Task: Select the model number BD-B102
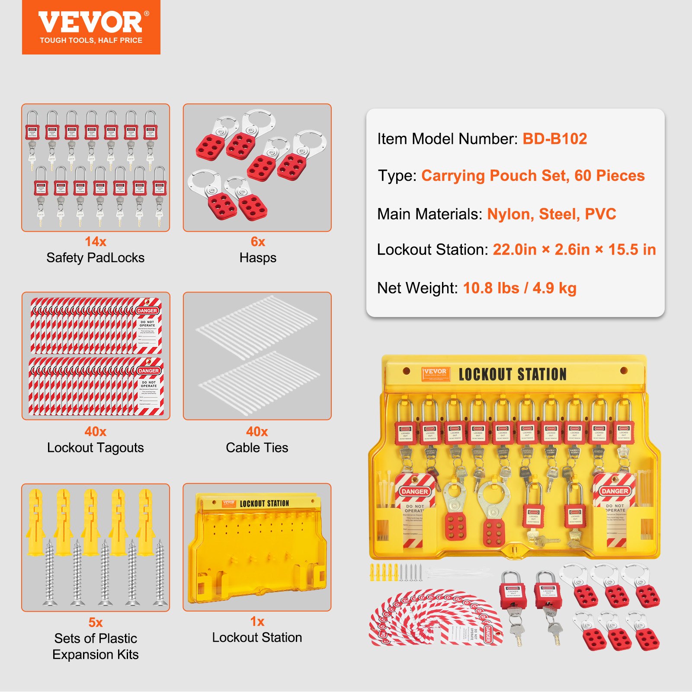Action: click(554, 139)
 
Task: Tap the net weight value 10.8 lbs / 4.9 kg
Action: click(519, 288)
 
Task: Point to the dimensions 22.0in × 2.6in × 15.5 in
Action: click(574, 250)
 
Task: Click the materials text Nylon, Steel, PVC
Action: click(551, 214)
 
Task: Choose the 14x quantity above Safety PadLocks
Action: click(95, 241)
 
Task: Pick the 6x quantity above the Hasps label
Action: click(258, 241)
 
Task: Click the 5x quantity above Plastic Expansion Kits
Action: click(95, 622)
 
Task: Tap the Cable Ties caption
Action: click(257, 448)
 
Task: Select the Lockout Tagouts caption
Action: click(95, 448)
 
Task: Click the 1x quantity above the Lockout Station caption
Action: click(257, 622)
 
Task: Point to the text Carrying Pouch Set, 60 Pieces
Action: click(533, 176)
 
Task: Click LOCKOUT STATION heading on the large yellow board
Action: click(513, 374)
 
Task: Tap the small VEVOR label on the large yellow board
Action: click(435, 373)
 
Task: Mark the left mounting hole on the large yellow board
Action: click(406, 371)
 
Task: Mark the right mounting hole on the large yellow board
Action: click(624, 371)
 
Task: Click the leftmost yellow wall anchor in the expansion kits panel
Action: click(35, 521)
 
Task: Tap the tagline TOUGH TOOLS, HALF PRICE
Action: click(91, 40)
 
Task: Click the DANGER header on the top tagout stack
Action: click(147, 311)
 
